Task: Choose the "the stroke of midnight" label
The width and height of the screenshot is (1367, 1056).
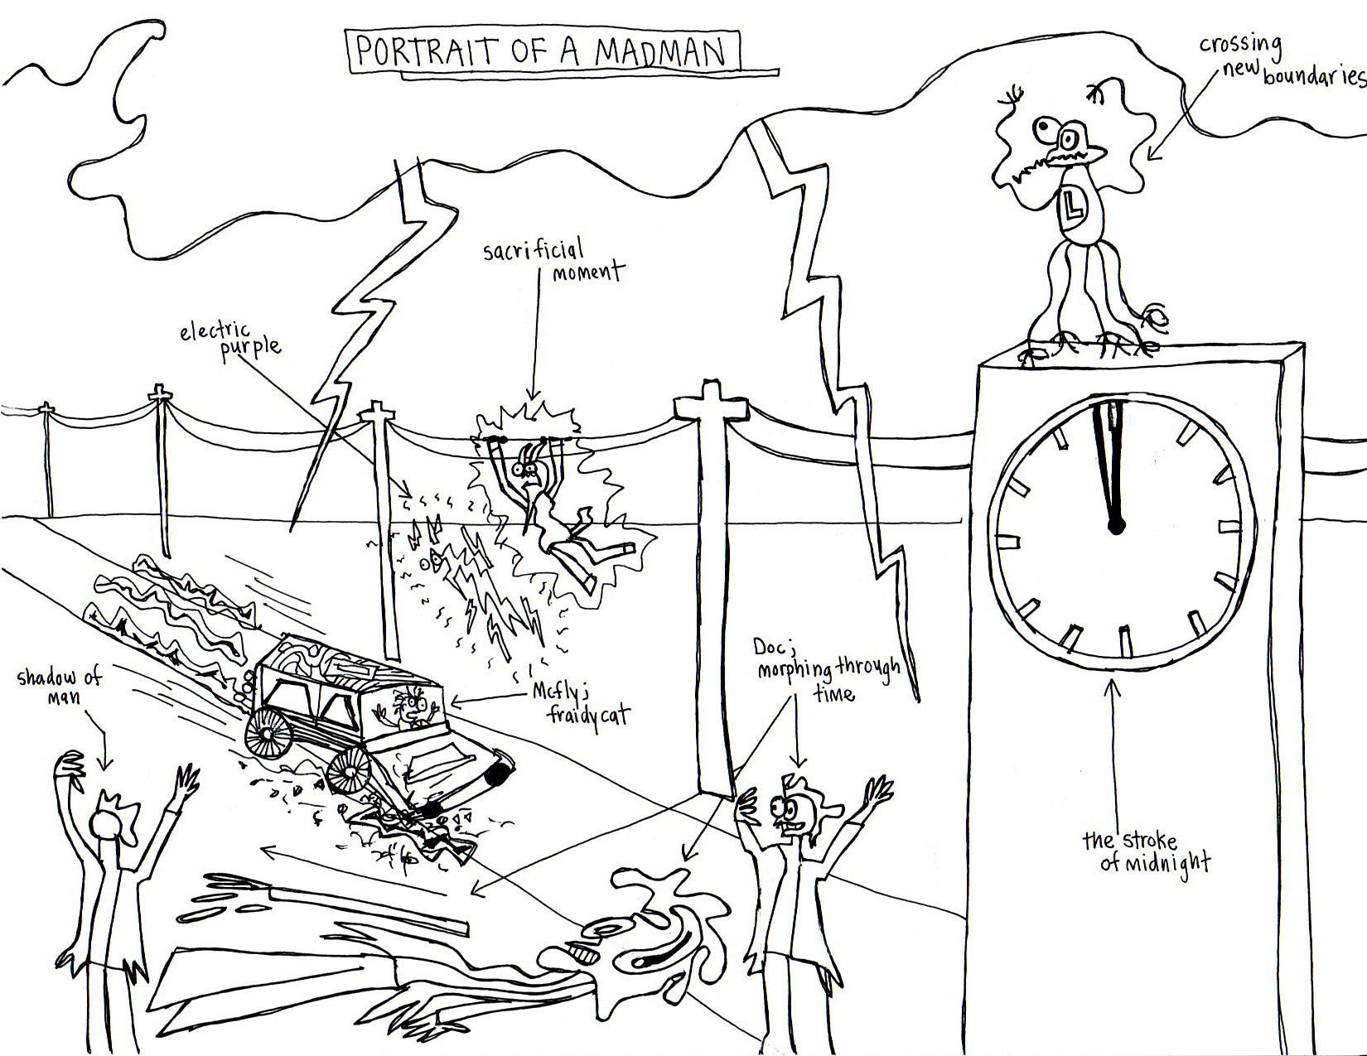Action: tap(1146, 851)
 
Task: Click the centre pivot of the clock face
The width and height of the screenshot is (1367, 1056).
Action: tap(1116, 524)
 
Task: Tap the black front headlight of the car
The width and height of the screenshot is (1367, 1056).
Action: tap(496, 774)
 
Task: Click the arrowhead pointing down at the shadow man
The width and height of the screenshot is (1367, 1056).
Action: tap(105, 763)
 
